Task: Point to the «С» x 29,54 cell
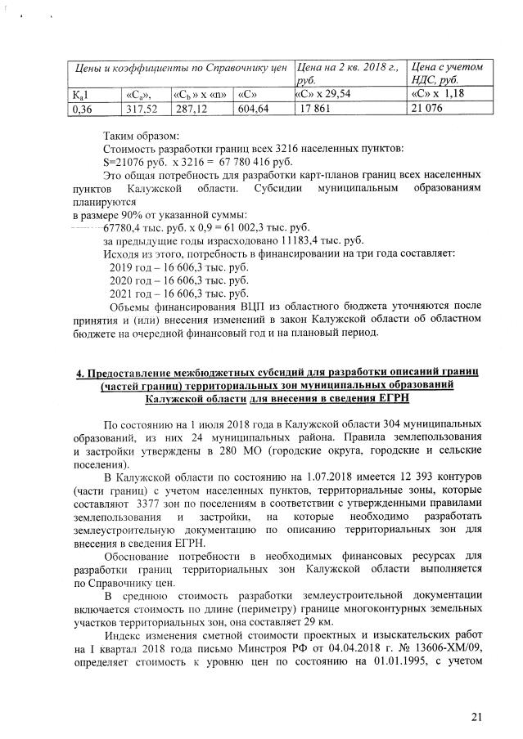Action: coord(327,93)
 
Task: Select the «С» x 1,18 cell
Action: coord(439,93)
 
